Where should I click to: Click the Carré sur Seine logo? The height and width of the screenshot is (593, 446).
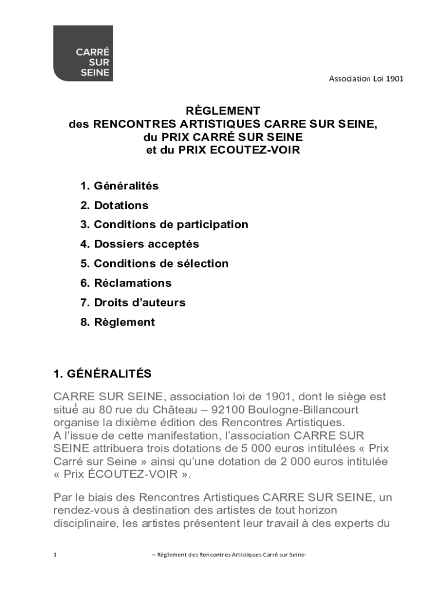(83, 53)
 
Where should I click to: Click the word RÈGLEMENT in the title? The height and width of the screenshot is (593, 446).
(222, 110)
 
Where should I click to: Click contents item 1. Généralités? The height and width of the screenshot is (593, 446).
(119, 186)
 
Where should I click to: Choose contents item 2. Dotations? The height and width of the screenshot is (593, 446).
(114, 206)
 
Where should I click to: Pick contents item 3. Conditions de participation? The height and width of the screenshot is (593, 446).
(164, 225)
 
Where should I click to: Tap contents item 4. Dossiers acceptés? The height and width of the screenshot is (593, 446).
(140, 244)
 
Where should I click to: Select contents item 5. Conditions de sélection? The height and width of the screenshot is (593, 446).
(154, 263)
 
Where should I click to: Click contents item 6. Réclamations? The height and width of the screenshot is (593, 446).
(126, 283)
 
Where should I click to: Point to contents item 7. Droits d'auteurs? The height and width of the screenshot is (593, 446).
(133, 303)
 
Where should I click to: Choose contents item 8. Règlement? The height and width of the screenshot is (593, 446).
(118, 323)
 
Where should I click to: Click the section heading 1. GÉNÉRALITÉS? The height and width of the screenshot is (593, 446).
(102, 374)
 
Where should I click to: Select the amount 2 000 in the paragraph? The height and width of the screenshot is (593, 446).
(307, 462)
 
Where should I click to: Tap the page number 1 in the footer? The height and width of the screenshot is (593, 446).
(55, 555)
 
